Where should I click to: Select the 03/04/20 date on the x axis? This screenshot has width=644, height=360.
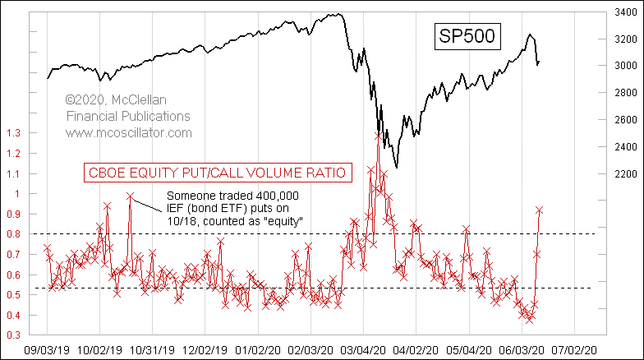point(366,348)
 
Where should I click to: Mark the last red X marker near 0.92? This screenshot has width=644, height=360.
point(540,210)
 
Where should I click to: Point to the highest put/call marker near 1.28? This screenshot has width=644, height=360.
point(378,136)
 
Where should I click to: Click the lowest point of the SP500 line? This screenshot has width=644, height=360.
point(398,168)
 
